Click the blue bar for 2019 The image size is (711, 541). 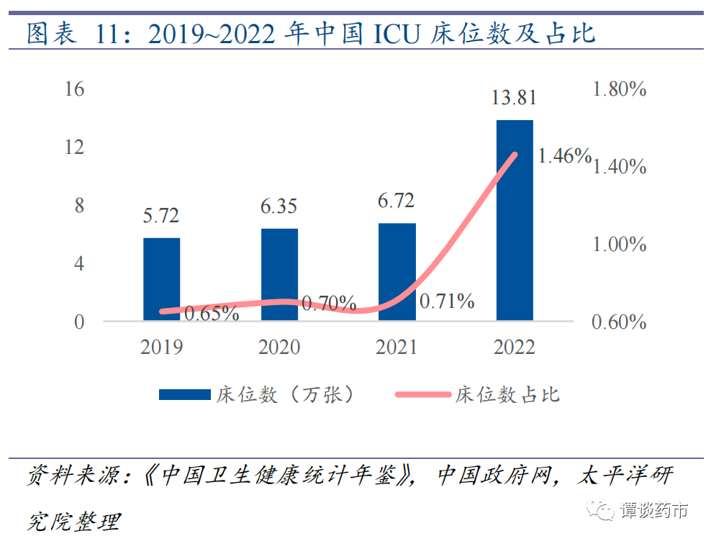[x=161, y=279]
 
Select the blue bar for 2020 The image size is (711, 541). [x=279, y=274]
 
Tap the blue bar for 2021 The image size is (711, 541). [x=397, y=272]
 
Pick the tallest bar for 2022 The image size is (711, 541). [x=515, y=220]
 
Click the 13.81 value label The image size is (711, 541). [x=514, y=98]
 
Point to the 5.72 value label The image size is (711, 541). [x=160, y=215]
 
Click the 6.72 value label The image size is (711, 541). [x=397, y=201]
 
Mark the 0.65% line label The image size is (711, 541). [x=212, y=314]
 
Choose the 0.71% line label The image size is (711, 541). [x=447, y=301]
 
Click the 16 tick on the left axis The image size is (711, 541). [x=74, y=89]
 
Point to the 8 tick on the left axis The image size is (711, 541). [x=79, y=206]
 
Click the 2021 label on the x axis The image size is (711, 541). [x=397, y=347]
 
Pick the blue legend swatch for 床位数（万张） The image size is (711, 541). [x=183, y=394]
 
